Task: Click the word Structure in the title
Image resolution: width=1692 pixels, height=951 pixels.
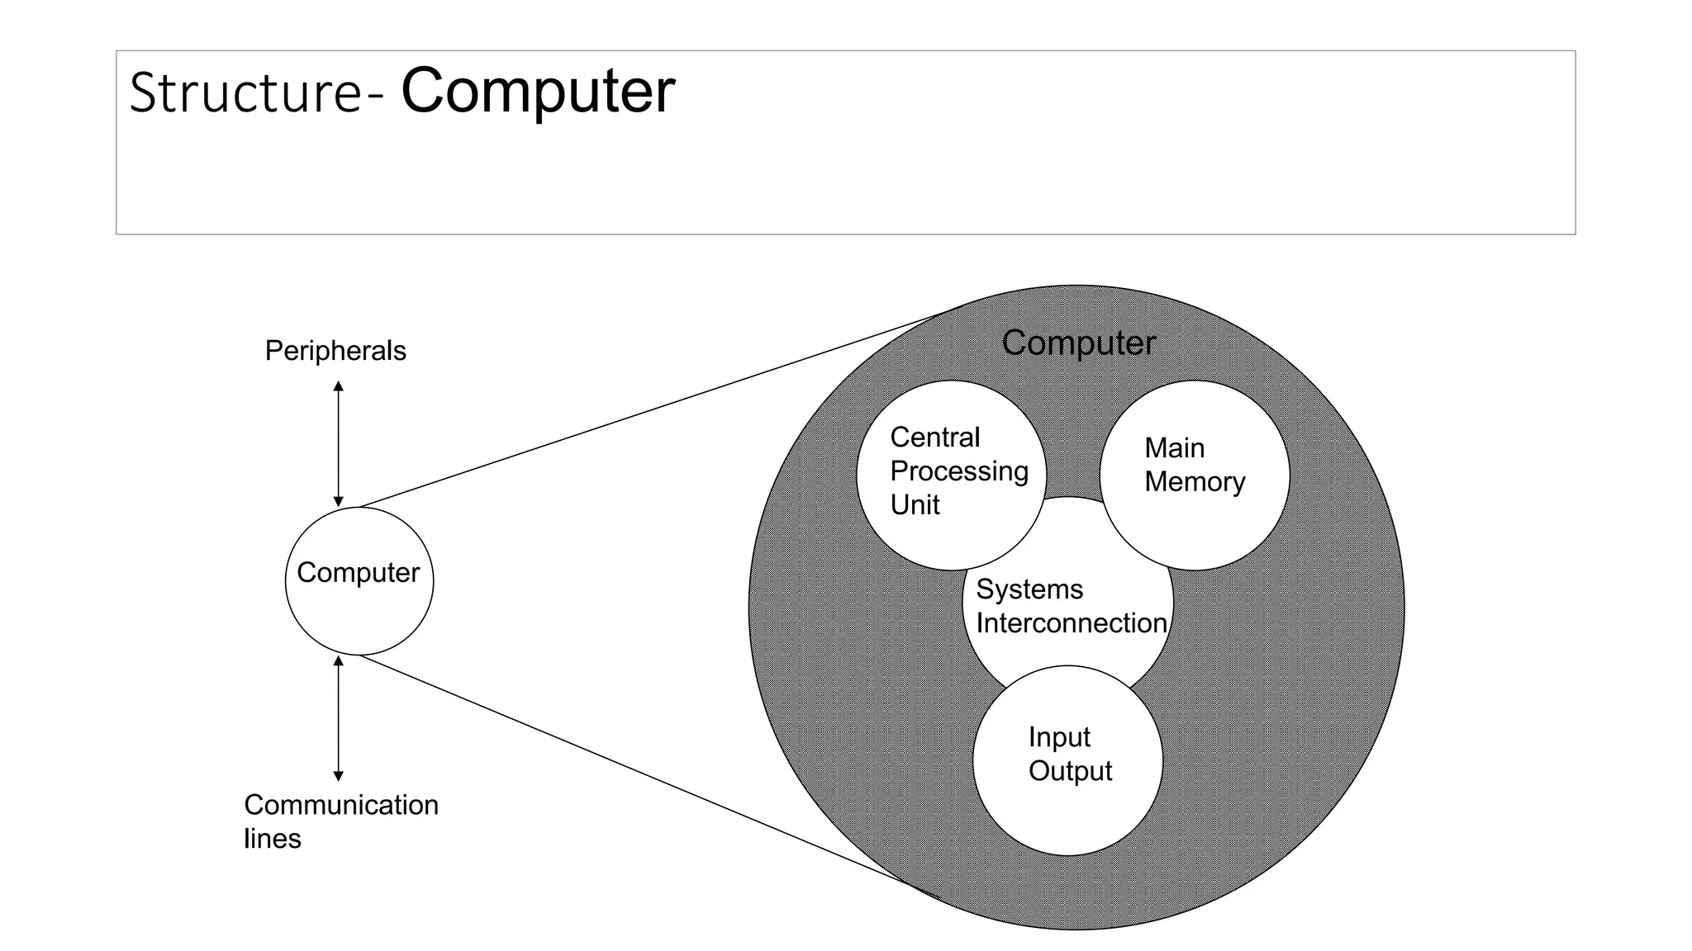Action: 245,92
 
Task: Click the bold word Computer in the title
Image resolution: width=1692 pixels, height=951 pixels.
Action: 538,91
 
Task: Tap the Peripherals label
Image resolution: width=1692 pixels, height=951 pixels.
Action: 335,351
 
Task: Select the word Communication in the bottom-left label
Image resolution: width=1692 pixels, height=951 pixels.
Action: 341,805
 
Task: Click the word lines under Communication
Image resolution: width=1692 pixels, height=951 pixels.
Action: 272,839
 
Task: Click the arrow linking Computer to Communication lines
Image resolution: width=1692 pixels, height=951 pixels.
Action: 338,718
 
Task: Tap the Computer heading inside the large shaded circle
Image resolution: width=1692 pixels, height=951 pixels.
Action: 1078,343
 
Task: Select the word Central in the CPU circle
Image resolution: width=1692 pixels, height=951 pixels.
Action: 934,438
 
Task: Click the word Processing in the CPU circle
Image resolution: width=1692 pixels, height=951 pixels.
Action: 958,471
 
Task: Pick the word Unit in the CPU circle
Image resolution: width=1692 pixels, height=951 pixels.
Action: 915,505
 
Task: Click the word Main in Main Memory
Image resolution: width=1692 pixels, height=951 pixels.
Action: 1174,448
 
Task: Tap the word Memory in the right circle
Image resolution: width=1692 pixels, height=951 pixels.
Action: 1195,482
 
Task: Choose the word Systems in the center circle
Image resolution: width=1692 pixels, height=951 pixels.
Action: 1029,589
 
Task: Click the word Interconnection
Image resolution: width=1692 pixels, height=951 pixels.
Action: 1071,623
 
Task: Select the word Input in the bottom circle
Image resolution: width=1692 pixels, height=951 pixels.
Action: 1059,737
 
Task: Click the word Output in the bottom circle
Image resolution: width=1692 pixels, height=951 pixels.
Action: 1070,771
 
